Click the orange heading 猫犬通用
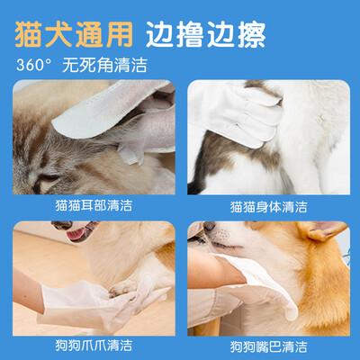(74, 34)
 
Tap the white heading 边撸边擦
(206, 34)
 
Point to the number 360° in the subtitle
(34, 65)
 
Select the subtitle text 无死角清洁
(104, 65)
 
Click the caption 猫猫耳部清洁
(94, 206)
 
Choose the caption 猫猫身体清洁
(269, 207)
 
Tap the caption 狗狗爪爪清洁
(94, 346)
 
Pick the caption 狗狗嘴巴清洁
(269, 346)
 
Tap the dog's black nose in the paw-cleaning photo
(62, 225)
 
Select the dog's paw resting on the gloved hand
(123, 287)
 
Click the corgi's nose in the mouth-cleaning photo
(209, 226)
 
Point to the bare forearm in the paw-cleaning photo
(28, 288)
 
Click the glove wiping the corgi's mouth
(258, 286)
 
